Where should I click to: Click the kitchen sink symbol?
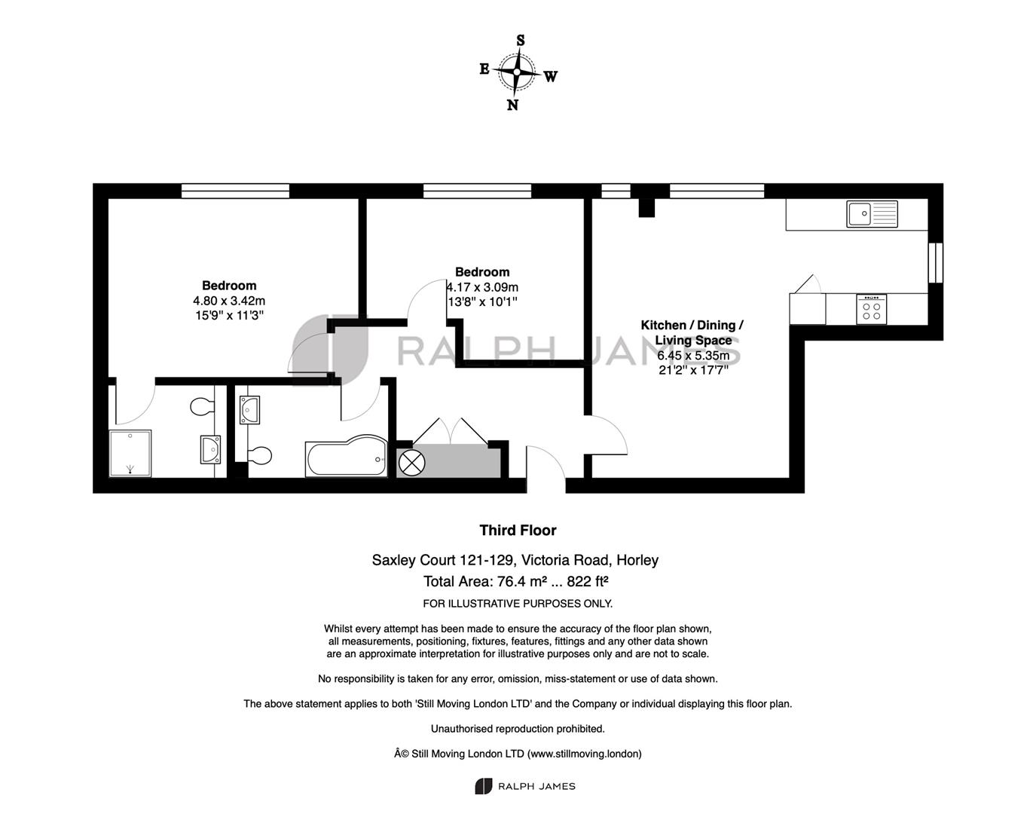click(872, 213)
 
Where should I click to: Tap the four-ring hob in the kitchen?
click(872, 310)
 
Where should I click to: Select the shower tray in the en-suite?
click(130, 453)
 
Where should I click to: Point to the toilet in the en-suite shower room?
click(202, 407)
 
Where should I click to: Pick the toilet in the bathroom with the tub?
click(260, 455)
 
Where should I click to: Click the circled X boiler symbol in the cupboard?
click(411, 462)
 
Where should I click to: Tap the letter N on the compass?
click(512, 105)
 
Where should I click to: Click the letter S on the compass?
click(521, 41)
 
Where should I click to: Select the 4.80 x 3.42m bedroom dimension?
click(229, 301)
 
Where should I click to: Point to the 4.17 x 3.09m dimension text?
click(482, 287)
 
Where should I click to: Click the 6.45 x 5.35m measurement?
click(693, 355)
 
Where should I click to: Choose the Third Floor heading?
click(518, 531)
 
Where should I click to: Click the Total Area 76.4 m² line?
click(516, 581)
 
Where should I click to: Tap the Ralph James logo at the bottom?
click(525, 786)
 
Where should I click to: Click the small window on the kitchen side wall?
click(935, 263)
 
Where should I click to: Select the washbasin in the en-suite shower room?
click(210, 449)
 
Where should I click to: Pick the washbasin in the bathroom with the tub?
click(249, 409)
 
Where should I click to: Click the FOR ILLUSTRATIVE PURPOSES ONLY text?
click(518, 604)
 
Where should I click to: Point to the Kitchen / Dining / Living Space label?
click(692, 332)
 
